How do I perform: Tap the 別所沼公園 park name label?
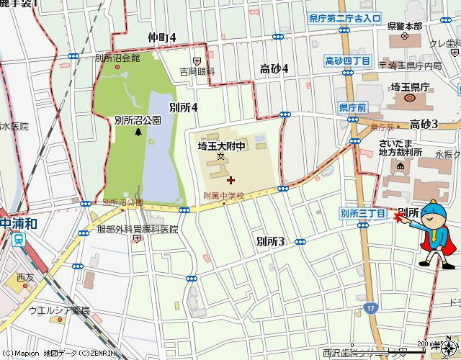pyautogui.click(x=137, y=121)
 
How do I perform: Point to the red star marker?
pyautogui.click(x=400, y=217)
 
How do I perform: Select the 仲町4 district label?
pyautogui.click(x=161, y=37)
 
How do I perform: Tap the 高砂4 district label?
pyautogui.click(x=274, y=68)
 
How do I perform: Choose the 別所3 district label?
pyautogui.click(x=271, y=241)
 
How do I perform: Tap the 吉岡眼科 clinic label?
pyautogui.click(x=197, y=72)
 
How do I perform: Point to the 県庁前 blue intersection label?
pyautogui.click(x=352, y=107)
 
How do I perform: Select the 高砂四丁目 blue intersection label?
pyautogui.click(x=348, y=60)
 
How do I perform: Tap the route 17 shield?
pyautogui.click(x=370, y=307)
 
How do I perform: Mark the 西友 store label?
pyautogui.click(x=25, y=276)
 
